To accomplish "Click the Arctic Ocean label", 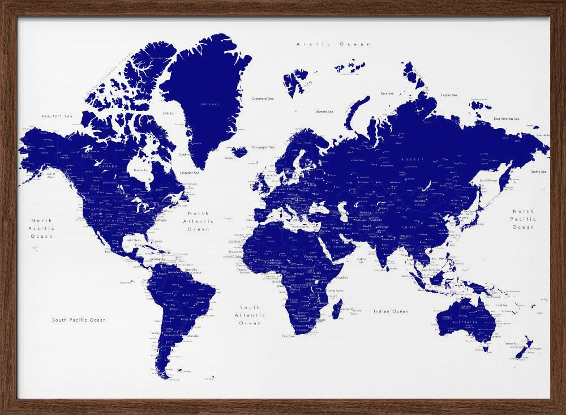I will [334, 44].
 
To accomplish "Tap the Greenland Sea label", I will [263, 99].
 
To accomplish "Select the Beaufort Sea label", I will [57, 116].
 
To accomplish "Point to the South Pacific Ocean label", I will [79, 320].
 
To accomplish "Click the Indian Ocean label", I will [391, 311].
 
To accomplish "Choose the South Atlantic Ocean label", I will [250, 315].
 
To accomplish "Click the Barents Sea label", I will [324, 112].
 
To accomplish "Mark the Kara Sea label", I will [387, 93].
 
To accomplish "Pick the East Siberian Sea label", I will [507, 119].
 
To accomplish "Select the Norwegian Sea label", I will [263, 147].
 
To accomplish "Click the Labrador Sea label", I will [189, 172].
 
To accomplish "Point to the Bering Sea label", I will [538, 172].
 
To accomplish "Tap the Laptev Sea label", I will [449, 95].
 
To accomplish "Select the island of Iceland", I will [239, 152].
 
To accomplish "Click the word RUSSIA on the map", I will [413, 160].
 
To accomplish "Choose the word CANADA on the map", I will [109, 166].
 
